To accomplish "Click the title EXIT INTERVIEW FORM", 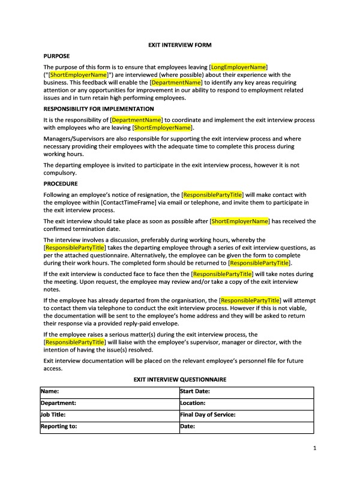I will coord(180,45).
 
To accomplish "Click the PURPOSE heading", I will coord(58,56).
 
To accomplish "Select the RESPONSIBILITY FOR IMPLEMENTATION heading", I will coord(98,109).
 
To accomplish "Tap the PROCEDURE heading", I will coord(61,184).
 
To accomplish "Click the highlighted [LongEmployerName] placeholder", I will coord(238,66).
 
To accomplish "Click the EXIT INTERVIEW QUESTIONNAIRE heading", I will coord(180,379).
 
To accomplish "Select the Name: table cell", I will coord(109,392).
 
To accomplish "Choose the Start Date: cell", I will coord(246,392).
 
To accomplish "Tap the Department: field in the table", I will coord(109,403).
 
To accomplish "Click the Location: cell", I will coord(246,403).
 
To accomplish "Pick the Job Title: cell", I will coord(109,415).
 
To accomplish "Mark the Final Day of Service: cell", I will coord(246,415).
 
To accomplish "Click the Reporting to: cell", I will coord(109,427).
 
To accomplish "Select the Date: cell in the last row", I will coord(246,427).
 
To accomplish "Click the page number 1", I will coord(314,448).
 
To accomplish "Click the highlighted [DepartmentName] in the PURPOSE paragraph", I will coord(176,82).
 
